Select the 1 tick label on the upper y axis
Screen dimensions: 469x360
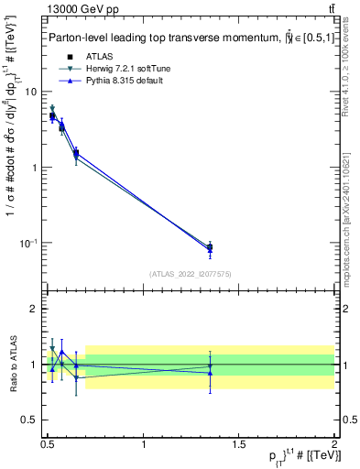coord(35,168)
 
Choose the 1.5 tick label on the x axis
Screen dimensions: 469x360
coord(239,443)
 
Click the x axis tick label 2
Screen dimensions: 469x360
coord(334,443)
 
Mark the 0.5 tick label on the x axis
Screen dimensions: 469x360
coord(48,443)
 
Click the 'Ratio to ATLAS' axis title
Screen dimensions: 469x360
coord(12,364)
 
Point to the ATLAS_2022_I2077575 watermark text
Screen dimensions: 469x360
coord(191,273)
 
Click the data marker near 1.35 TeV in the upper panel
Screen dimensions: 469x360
coord(210,247)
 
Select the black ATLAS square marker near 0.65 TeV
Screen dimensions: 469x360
coord(76,153)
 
